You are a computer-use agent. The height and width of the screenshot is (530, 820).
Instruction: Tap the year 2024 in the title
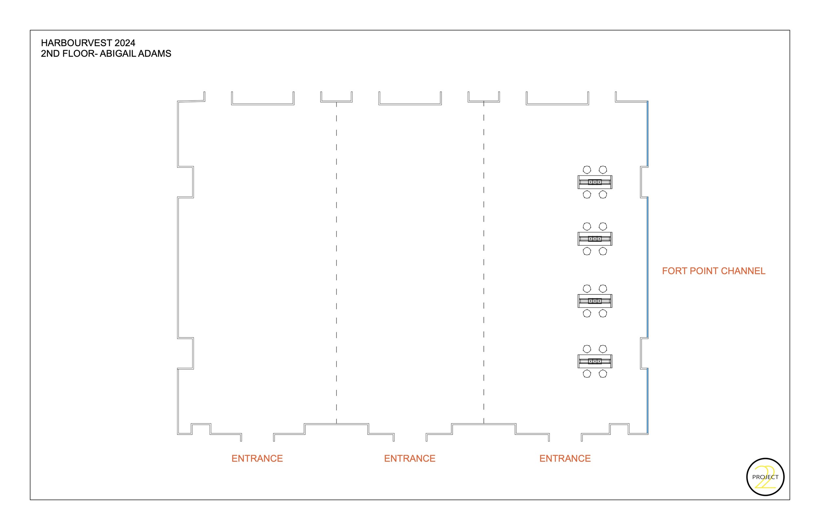[125, 43]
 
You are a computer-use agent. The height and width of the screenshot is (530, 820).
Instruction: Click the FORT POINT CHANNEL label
[713, 271]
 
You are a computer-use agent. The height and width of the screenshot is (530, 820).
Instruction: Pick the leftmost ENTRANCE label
[257, 458]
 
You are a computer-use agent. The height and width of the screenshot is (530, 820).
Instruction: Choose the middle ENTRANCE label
[410, 458]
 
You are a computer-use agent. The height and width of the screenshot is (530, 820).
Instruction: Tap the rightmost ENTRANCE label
[565, 458]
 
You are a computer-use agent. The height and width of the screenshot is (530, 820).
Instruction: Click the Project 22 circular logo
[765, 477]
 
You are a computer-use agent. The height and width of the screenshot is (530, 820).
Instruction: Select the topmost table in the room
[595, 182]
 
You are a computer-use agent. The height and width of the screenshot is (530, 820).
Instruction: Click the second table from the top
[595, 239]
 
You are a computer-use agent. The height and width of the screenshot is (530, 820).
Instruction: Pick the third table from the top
[595, 301]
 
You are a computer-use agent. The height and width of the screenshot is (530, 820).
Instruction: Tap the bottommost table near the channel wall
[595, 361]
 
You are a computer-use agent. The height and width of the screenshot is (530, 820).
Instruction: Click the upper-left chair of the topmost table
[587, 170]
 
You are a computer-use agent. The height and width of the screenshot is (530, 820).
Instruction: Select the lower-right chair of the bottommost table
[603, 374]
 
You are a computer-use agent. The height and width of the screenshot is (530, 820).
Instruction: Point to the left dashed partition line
[336, 261]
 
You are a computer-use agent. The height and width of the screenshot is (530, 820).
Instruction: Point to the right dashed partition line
[484, 261]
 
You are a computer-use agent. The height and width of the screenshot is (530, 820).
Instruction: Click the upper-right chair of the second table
[603, 226]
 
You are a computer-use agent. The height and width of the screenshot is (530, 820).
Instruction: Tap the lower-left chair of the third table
[587, 313]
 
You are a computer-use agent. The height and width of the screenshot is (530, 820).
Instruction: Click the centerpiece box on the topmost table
[595, 182]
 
